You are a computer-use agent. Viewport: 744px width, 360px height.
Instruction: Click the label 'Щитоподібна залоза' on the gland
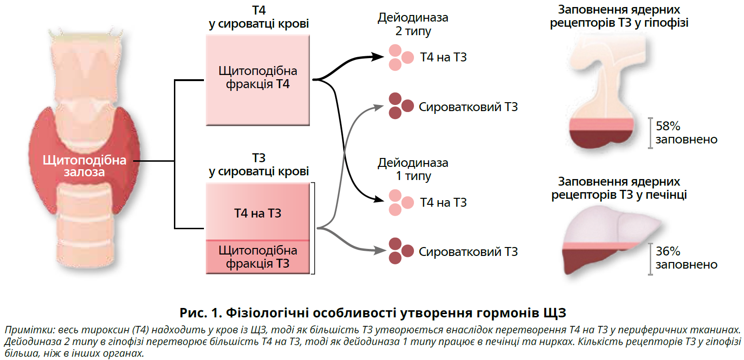pos(84,166)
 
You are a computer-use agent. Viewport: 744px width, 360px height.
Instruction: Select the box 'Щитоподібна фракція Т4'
pos(258,80)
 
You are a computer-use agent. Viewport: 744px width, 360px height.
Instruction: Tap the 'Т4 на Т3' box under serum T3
pos(258,213)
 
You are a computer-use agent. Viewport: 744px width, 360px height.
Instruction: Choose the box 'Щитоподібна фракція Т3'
pos(258,257)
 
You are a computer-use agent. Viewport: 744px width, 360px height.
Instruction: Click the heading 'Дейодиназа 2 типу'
pos(413,24)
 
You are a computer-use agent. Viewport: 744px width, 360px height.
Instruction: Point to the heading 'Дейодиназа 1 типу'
pos(413,169)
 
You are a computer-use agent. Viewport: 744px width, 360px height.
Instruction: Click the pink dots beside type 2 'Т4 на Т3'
pos(400,57)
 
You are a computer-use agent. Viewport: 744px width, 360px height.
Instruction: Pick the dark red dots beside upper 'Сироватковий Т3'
pos(400,106)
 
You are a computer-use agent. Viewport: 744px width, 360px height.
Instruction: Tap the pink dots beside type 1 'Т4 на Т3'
pos(400,202)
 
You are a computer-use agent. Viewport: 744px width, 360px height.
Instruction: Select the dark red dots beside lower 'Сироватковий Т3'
pos(400,251)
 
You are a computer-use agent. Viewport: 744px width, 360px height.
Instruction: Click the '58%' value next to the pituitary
pos(668,126)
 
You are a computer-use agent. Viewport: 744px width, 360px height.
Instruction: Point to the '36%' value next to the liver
pos(668,251)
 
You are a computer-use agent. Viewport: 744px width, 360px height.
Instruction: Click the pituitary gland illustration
pos(605,94)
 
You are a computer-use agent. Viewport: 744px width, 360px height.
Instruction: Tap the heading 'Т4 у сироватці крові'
pos(259,17)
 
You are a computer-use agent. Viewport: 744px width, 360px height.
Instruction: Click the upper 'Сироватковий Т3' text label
pos(468,107)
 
